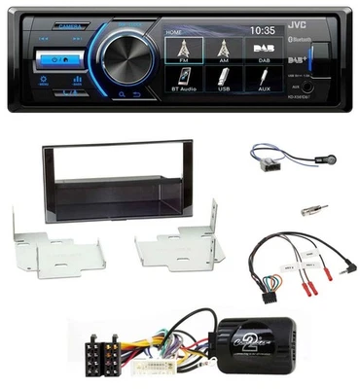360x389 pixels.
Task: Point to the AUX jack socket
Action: click(308, 87)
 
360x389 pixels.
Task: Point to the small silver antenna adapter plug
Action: click(313, 208)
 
